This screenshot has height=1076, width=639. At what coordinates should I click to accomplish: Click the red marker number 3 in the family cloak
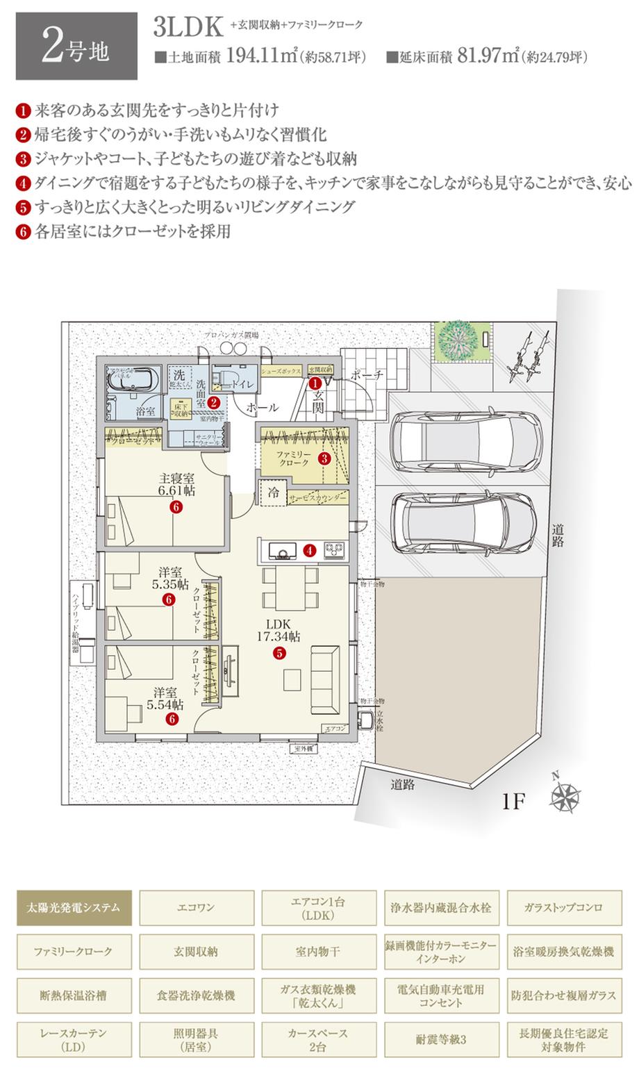[324, 458]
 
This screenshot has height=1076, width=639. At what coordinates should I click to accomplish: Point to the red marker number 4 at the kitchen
[310, 550]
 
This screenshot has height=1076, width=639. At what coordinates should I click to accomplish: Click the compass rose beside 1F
[565, 796]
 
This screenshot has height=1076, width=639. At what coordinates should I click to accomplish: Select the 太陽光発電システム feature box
[74, 907]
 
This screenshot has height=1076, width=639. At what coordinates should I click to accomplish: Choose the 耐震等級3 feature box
[442, 1039]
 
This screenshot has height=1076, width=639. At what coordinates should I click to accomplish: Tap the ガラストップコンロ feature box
[563, 907]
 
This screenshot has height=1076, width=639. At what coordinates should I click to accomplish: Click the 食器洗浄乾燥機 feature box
[197, 995]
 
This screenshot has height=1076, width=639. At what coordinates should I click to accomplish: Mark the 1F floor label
[516, 802]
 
